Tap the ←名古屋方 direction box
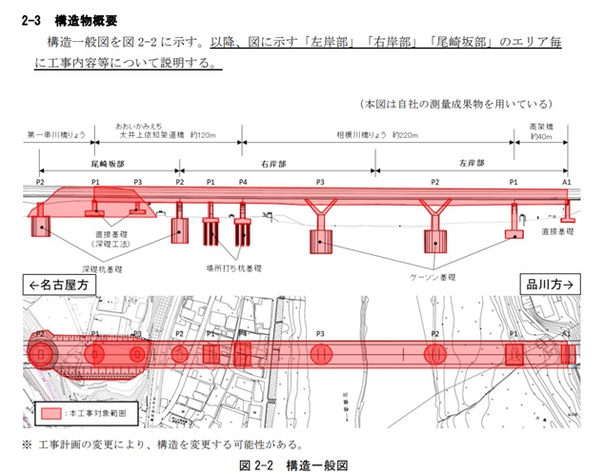pyautogui.click(x=59, y=285)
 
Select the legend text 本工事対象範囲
pyautogui.click(x=94, y=415)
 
